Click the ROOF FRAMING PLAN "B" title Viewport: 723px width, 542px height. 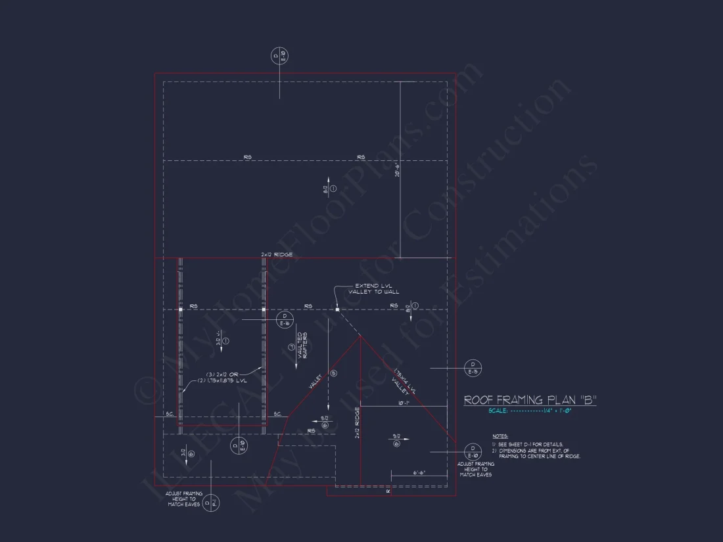click(530, 399)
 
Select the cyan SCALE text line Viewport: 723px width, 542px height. click(530, 411)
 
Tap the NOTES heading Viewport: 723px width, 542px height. click(500, 436)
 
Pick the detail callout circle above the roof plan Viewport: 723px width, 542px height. click(279, 56)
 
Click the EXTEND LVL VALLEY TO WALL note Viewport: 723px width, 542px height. click(373, 288)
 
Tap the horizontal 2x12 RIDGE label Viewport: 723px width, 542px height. click(276, 254)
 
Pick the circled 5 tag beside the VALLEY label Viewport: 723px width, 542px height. click(333, 373)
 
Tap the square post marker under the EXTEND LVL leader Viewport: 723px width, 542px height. click(337, 309)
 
